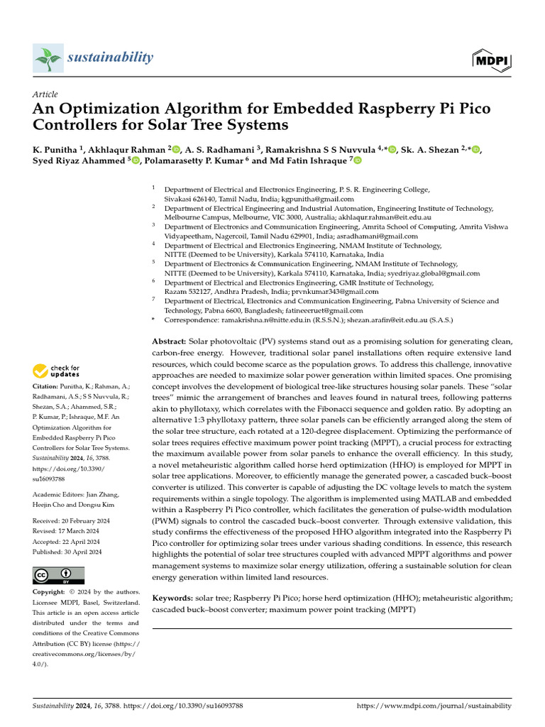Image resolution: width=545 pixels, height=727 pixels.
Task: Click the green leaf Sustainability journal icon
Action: coord(48,58)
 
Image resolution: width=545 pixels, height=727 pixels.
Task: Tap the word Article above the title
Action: coord(45,94)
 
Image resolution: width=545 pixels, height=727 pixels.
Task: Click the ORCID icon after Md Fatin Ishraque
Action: coord(357,161)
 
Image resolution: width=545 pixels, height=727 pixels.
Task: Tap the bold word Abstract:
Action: coord(170,341)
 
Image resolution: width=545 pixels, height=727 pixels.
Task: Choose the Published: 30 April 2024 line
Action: coord(68,552)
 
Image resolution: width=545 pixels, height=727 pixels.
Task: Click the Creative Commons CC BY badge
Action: coord(58,575)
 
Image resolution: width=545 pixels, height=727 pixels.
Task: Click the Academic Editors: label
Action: coord(62,495)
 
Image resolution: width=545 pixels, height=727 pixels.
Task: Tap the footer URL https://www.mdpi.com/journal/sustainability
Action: coord(433,706)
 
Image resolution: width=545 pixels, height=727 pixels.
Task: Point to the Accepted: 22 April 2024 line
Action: coord(67,542)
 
